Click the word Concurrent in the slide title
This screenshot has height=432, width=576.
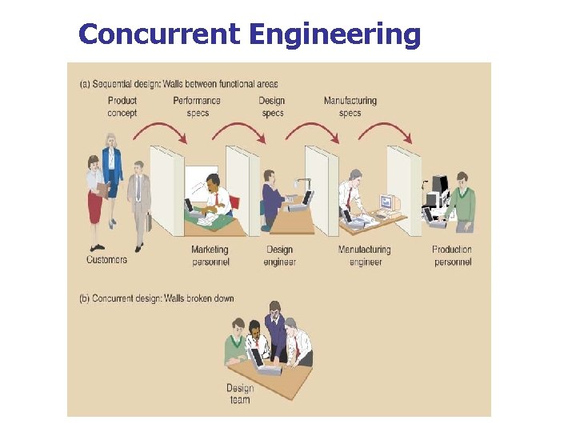click(x=159, y=34)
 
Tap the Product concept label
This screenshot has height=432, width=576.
click(x=122, y=106)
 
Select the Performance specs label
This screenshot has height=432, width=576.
click(x=197, y=106)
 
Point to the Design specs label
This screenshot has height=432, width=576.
click(x=272, y=106)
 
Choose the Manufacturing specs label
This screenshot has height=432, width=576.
click(x=350, y=106)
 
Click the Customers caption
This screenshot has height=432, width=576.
click(x=107, y=259)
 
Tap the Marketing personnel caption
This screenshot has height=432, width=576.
click(x=210, y=256)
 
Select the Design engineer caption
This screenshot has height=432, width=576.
click(x=281, y=256)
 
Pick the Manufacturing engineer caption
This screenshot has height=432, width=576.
click(x=366, y=256)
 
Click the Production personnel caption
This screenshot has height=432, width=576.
click(x=452, y=256)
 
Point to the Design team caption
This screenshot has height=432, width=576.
click(x=240, y=394)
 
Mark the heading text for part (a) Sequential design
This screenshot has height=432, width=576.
click(x=180, y=84)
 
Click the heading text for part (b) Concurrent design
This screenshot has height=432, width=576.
click(x=157, y=298)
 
